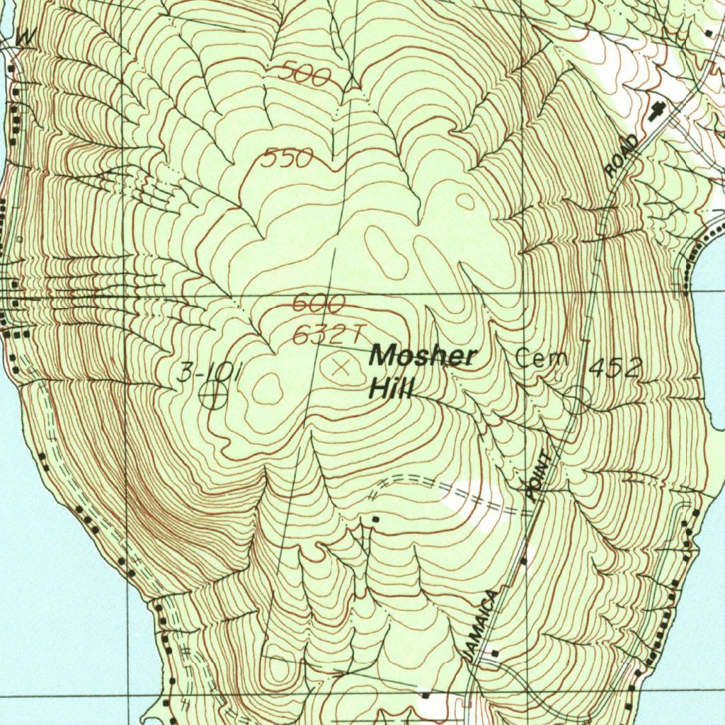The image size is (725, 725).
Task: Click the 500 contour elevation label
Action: (303, 74)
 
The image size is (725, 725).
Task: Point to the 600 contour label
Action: (318, 304)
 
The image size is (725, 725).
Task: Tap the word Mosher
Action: (422, 355)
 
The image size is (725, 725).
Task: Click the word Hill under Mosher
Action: (392, 387)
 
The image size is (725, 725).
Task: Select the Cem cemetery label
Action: (542, 358)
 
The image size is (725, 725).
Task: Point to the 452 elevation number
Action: (615, 367)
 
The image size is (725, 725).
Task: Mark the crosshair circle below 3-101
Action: (212, 395)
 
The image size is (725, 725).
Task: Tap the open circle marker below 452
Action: (577, 400)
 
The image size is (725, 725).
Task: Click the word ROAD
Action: (622, 156)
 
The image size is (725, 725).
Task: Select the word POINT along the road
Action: (539, 475)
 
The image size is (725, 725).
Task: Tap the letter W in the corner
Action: (23, 38)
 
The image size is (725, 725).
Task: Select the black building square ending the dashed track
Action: (376, 520)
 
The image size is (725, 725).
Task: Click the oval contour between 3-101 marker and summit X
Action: (267, 388)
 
